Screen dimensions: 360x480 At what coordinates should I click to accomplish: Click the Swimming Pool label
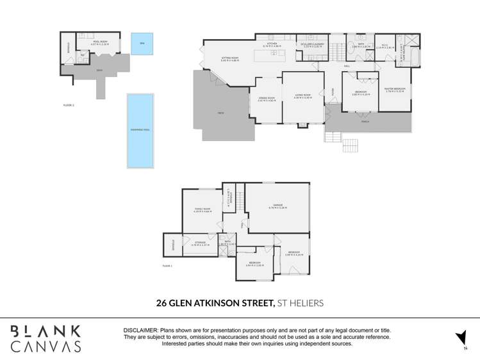coord(140,129)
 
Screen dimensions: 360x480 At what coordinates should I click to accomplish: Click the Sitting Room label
coord(230,59)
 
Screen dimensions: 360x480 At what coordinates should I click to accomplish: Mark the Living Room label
coord(302,96)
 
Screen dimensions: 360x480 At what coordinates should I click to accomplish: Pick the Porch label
coord(365,120)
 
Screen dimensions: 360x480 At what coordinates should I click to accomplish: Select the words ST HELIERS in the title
coord(300,303)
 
